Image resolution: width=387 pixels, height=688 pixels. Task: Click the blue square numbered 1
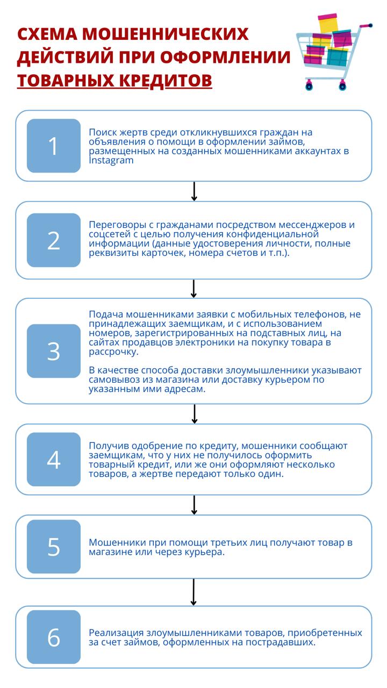[54, 146]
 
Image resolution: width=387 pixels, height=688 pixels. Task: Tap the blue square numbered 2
[54, 240]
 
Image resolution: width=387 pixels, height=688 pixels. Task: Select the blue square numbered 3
[54, 351]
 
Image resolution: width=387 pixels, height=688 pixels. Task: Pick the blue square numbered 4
[54, 460]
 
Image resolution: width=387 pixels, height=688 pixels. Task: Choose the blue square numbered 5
[54, 547]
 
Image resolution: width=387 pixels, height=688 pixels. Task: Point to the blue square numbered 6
[54, 637]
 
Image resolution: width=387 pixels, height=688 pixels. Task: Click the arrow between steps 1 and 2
[194, 191]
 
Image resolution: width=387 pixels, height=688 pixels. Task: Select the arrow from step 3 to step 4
[195, 414]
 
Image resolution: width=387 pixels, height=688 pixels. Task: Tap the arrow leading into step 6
[193, 592]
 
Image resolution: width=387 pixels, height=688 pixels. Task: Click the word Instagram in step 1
[111, 160]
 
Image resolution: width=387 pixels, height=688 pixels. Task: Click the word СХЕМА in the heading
[47, 34]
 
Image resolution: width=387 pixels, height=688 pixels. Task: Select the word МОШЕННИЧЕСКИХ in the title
[165, 34]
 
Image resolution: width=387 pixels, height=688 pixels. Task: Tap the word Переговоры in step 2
[117, 225]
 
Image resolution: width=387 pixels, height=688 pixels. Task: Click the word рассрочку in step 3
[113, 352]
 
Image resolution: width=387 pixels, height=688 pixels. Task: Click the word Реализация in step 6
[116, 633]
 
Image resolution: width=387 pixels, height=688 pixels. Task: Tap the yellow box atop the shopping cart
[328, 23]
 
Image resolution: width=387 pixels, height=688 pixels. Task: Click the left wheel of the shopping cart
[309, 85]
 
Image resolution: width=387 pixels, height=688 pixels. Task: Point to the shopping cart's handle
[366, 26]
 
